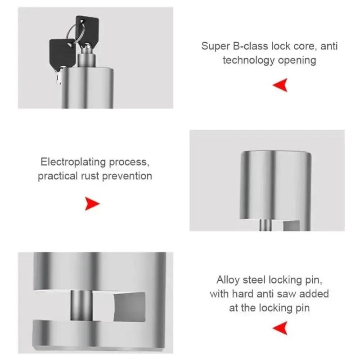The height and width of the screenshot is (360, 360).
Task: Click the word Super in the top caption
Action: coord(215,46)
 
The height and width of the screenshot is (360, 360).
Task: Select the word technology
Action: coord(250,60)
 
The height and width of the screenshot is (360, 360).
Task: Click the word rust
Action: coord(90,175)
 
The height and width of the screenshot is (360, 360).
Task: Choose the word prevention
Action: coord(127,175)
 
